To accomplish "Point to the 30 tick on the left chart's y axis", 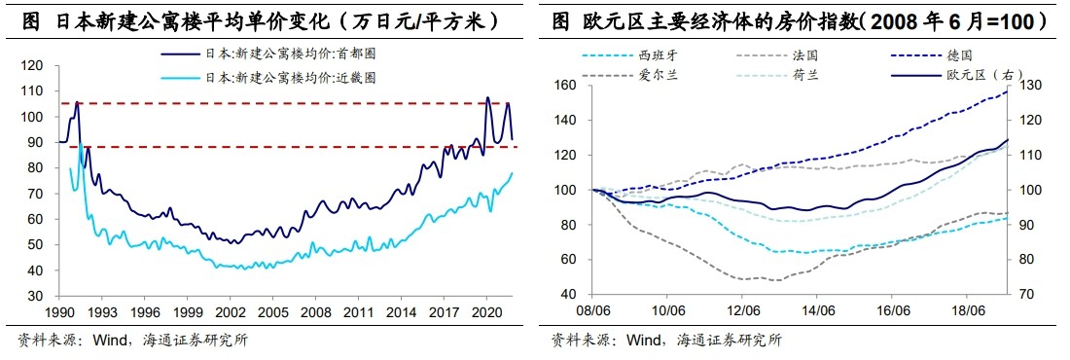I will (36, 296).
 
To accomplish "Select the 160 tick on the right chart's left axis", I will (566, 86).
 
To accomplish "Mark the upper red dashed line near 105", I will (292, 103).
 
